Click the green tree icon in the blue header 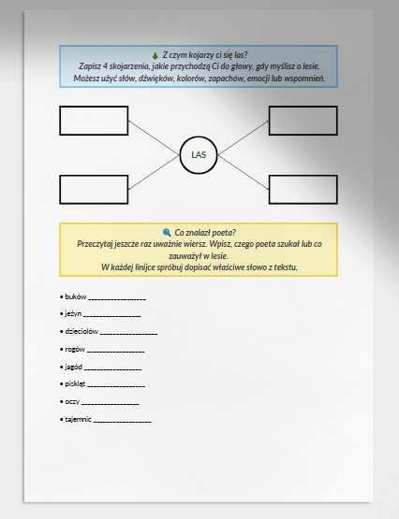(x=155, y=55)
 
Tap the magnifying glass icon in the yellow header (x=167, y=232)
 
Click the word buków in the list (x=76, y=296)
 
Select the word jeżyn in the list (x=73, y=314)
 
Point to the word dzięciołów (x=81, y=331)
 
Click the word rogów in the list (x=75, y=349)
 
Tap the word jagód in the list (x=74, y=367)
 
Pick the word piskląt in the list (x=75, y=384)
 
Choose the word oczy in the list (x=72, y=402)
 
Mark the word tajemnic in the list (x=79, y=419)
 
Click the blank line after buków (x=117, y=299)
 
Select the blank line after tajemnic (x=122, y=422)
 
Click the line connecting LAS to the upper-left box (x=155, y=137)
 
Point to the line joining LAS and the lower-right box (x=243, y=172)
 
